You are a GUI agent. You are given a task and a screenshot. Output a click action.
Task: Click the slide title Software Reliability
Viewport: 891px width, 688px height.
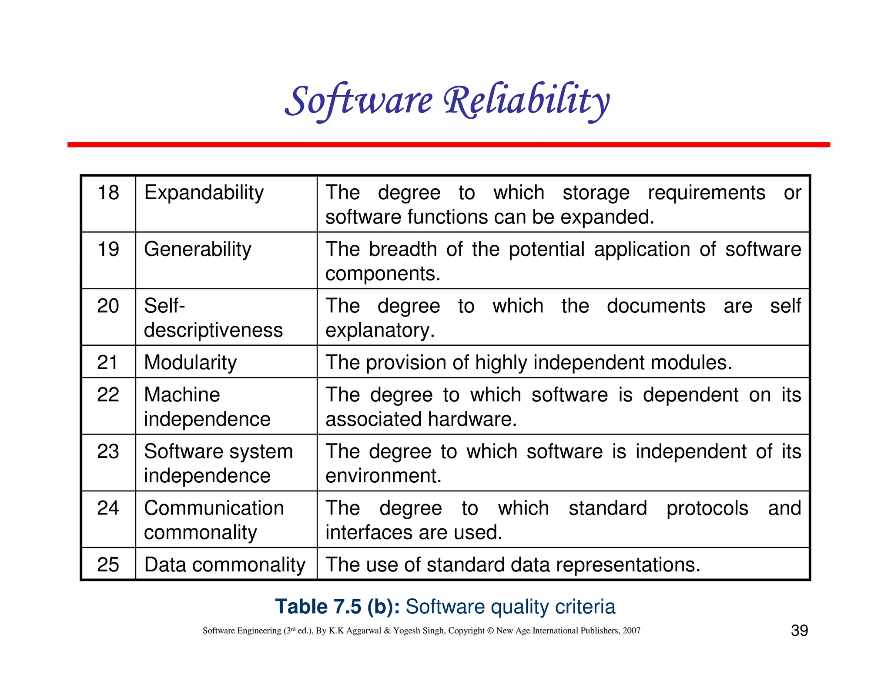(x=447, y=101)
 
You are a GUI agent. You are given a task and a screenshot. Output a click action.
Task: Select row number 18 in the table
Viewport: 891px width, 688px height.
(x=108, y=193)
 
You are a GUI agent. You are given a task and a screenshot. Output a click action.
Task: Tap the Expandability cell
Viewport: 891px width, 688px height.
(x=204, y=193)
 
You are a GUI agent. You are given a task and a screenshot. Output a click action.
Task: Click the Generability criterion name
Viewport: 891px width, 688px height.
(x=198, y=250)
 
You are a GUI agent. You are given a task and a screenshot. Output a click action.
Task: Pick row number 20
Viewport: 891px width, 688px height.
(x=108, y=306)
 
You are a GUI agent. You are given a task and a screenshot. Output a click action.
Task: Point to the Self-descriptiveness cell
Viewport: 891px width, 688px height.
(x=213, y=318)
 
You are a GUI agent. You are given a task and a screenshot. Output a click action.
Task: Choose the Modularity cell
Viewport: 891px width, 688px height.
(x=190, y=363)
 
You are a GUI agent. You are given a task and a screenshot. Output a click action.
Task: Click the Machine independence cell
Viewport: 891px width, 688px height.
(x=207, y=407)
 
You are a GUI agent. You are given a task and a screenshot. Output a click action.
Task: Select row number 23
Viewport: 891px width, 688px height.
(x=108, y=451)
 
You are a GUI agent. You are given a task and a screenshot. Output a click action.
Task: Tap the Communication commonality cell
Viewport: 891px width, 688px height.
(x=214, y=520)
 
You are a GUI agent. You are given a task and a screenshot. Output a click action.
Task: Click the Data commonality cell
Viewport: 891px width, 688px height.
(x=224, y=565)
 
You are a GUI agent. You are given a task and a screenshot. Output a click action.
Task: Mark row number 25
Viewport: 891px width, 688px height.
(x=108, y=565)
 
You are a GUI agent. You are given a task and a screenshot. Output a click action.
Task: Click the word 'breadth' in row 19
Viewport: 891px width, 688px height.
(x=402, y=250)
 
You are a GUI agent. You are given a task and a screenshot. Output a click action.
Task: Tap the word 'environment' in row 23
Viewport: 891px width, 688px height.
(x=383, y=476)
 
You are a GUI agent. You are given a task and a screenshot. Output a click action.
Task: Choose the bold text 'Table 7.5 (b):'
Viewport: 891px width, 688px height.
(x=337, y=607)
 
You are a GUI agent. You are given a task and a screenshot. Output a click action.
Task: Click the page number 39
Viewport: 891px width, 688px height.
(x=799, y=631)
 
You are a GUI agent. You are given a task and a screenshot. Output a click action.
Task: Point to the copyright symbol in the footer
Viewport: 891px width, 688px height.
(x=490, y=631)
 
